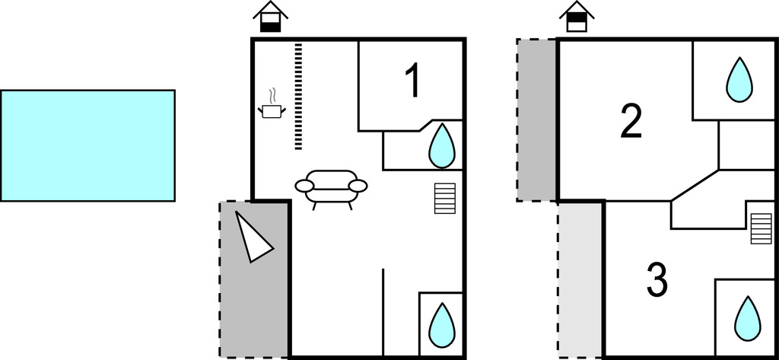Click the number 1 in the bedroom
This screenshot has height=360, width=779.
coord(412,81)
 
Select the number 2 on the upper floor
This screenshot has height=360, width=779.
coord(631,122)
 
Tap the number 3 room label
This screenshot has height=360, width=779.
coord(657,280)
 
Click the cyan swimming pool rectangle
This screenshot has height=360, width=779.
coord(87,145)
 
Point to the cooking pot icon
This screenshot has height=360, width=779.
coord(272,111)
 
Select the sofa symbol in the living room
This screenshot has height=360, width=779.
coord(331,187)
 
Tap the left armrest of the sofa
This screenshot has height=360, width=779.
coord(304,186)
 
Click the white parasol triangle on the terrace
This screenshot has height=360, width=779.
coord(252,237)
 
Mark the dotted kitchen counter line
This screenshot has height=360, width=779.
coord(298,96)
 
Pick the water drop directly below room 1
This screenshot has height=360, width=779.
coord(441,146)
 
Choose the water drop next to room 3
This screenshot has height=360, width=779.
coord(748,317)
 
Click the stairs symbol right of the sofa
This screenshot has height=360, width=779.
coord(445,199)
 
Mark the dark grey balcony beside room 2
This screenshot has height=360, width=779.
coord(536,119)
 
